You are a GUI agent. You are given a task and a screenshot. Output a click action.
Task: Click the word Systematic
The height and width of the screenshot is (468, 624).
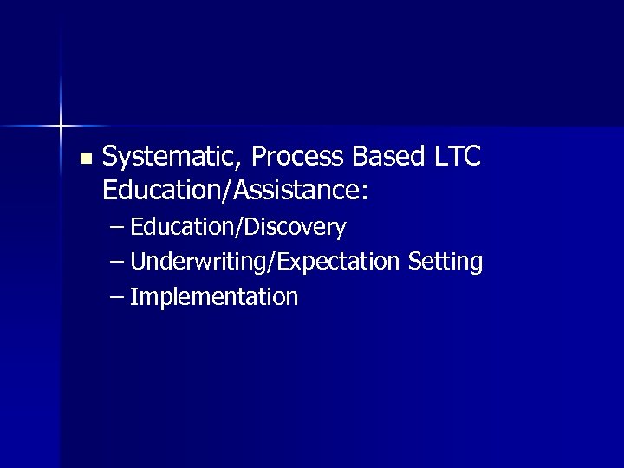(x=172, y=158)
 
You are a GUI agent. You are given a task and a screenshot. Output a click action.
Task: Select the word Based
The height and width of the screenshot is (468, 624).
(x=387, y=157)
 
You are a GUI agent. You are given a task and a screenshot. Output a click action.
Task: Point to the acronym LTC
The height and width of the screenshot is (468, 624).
(x=455, y=157)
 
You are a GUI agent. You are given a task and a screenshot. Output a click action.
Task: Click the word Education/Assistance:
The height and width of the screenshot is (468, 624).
(x=235, y=191)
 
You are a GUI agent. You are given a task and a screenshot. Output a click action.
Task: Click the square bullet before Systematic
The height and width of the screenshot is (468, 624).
(x=84, y=159)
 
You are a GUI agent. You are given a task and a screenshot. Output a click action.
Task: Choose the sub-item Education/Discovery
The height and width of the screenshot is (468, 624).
(x=239, y=228)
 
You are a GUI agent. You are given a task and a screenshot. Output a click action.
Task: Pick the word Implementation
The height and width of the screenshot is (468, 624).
(x=215, y=297)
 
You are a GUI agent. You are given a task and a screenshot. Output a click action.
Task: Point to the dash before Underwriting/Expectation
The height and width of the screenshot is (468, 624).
(x=118, y=263)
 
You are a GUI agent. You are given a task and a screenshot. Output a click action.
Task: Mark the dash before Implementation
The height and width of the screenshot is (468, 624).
(x=118, y=298)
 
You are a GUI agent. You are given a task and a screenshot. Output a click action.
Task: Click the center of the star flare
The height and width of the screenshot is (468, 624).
(x=61, y=127)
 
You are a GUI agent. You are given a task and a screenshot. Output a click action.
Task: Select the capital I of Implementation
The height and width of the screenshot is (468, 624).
(x=134, y=297)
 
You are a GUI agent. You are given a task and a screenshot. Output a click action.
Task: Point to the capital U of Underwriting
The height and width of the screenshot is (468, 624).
(x=140, y=262)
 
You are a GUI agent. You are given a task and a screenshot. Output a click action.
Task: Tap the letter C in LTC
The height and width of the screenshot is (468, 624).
(x=471, y=157)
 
